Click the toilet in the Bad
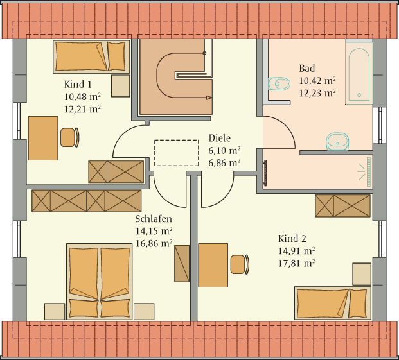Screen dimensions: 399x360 point(279,83)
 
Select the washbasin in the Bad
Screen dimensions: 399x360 point(337,141)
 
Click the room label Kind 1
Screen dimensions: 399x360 point(78,84)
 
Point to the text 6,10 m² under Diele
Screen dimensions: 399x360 point(224,151)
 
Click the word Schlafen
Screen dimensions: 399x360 point(154,219)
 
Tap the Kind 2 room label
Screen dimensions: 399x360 point(292,239)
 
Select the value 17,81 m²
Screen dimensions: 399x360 point(296,264)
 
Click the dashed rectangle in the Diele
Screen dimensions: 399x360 point(176,140)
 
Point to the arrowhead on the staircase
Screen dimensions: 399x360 point(209,98)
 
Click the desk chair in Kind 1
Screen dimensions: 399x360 point(70,137)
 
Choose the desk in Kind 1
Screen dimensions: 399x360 point(43,138)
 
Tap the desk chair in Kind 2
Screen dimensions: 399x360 point(240,264)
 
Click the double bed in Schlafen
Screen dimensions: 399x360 point(99,282)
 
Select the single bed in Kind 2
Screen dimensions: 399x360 point(333,303)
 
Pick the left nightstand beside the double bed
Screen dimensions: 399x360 point(55,311)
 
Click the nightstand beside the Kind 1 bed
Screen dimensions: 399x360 point(121,85)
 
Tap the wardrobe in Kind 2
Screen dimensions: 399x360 point(342,206)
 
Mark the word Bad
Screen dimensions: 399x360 point(307,68)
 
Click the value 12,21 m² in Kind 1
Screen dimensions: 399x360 point(82,109)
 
